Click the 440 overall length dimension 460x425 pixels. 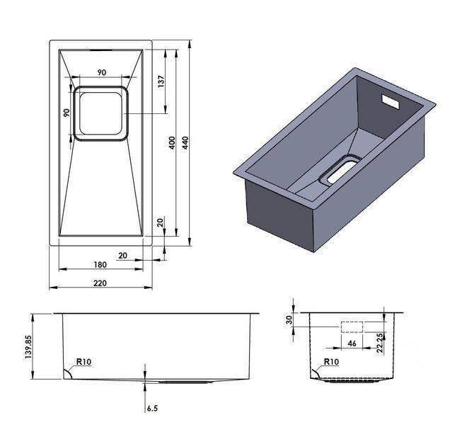[x=185, y=142]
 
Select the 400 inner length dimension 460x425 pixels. [x=172, y=142]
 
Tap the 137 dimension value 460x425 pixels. [x=161, y=81]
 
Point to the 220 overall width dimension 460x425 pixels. [x=100, y=283]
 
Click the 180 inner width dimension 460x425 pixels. [x=100, y=265]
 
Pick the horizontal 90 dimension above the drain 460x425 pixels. [x=101, y=72]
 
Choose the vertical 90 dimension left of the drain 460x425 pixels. [x=67, y=113]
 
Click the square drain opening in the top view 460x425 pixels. [x=100, y=113]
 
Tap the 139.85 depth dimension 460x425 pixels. [x=28, y=347]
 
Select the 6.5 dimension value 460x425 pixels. [x=152, y=408]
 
